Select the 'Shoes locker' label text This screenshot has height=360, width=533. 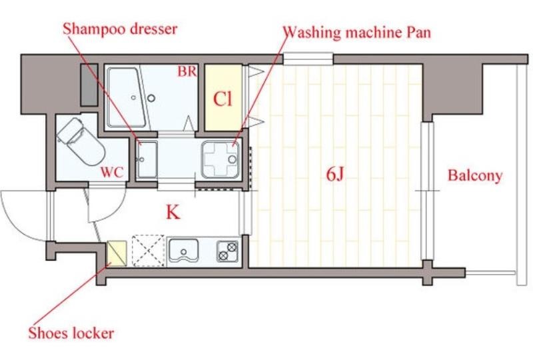click(x=71, y=333)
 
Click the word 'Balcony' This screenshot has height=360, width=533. click(x=474, y=176)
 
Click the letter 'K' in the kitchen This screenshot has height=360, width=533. click(x=173, y=213)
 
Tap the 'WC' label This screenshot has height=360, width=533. click(x=112, y=173)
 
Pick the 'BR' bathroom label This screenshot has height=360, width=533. click(x=187, y=71)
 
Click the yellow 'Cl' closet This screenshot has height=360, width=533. click(x=223, y=99)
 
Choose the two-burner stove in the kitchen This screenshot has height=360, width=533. click(x=227, y=251)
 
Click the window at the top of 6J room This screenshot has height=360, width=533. click(x=308, y=59)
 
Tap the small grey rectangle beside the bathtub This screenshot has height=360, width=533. click(x=89, y=85)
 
